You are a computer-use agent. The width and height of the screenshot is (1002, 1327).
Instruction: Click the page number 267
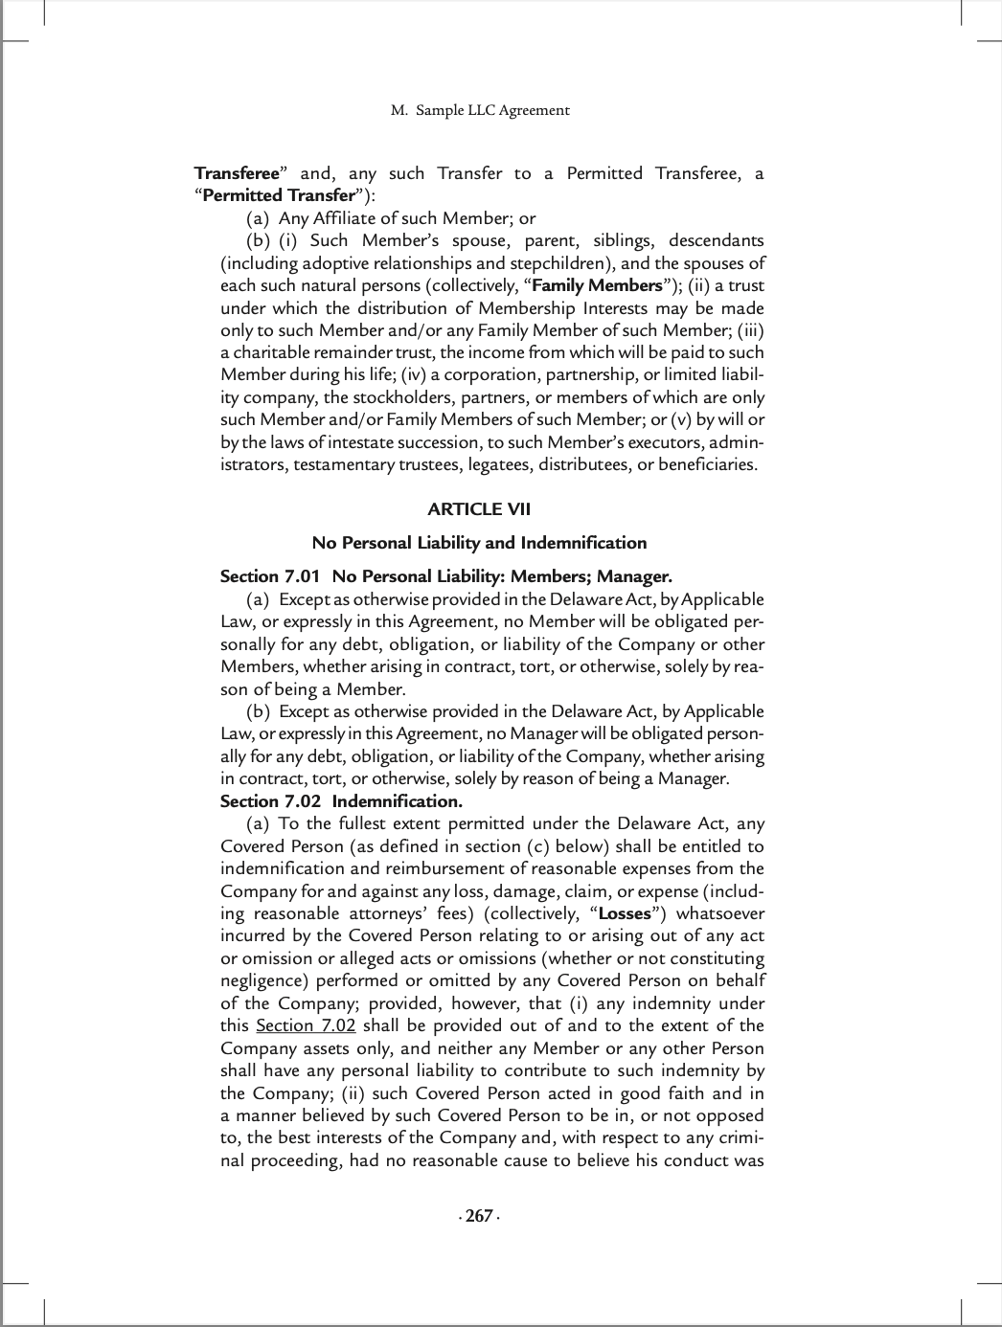(x=478, y=1216)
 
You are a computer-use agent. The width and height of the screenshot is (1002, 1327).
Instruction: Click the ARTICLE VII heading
(x=479, y=509)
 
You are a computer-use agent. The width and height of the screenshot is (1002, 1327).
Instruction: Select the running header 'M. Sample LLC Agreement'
(x=480, y=110)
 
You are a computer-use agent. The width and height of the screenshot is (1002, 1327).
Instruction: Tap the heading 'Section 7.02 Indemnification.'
(x=341, y=801)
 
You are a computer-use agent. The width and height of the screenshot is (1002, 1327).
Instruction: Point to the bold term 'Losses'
(x=624, y=913)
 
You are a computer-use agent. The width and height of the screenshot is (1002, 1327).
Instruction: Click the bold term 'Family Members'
(x=597, y=285)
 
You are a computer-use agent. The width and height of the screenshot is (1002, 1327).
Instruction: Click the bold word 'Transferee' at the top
(x=236, y=173)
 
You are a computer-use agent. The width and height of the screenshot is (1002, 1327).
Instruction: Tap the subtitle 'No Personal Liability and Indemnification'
(x=479, y=543)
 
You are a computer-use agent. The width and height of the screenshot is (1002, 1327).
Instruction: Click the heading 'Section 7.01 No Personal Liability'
(x=445, y=576)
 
